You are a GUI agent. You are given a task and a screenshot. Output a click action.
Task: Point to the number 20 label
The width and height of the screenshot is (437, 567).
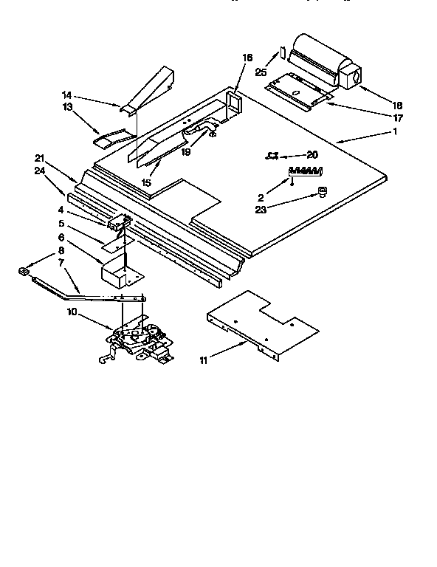(x=312, y=155)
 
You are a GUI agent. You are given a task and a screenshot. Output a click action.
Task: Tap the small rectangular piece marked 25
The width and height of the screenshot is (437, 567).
(x=281, y=55)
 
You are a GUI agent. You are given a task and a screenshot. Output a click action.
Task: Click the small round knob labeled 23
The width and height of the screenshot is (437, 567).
(x=322, y=192)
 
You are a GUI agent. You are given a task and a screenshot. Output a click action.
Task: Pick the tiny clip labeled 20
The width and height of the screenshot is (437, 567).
(x=272, y=156)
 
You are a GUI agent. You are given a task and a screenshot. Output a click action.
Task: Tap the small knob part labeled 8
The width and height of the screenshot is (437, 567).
(x=24, y=272)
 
